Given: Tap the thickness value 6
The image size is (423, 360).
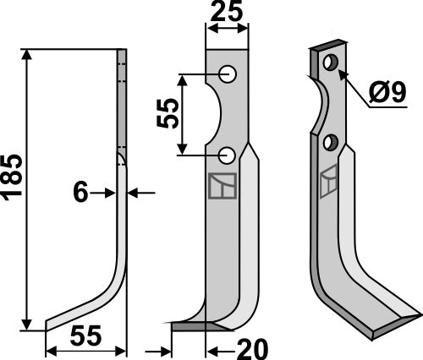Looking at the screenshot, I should (80, 193).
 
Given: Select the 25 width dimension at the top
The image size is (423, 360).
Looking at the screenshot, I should (227, 13).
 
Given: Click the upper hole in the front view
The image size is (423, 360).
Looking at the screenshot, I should (228, 74).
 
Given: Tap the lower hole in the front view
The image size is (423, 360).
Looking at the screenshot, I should (228, 155).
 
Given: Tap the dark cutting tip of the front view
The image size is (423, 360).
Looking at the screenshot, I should (190, 325).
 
